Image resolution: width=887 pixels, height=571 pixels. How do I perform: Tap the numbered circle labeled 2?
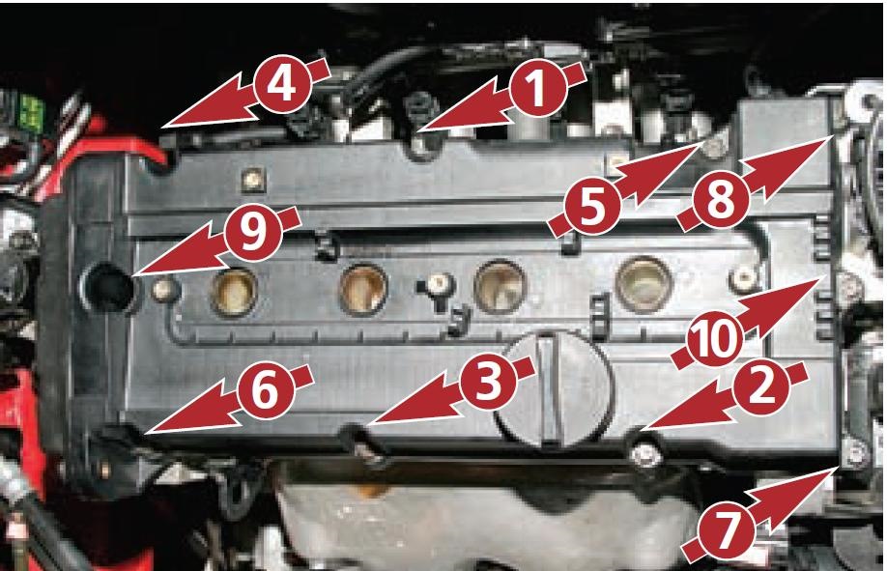pos(761,387)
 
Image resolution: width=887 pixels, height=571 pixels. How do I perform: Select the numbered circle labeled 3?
pos(489,381)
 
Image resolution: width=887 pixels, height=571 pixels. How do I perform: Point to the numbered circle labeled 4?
pos(282,84)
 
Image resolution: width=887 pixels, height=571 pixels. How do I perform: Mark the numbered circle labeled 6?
pos(265,390)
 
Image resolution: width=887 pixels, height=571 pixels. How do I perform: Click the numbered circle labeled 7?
pos(727,530)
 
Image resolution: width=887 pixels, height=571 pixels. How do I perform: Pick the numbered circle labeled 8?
pos(721,199)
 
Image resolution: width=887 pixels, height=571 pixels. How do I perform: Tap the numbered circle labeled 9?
pos(253,233)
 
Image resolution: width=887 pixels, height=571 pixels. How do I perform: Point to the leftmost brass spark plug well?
pos(234,291)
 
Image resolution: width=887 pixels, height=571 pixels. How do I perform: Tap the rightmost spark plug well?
pos(644,283)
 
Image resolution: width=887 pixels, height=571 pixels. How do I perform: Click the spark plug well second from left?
pos(363,289)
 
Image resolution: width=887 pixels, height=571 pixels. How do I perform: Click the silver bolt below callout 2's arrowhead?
pos(647,454)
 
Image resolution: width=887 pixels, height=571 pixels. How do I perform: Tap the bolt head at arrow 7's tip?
pos(855,453)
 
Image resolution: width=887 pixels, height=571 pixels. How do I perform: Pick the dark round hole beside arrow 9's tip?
pos(107,287)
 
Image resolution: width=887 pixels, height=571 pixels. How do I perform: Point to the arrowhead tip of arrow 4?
pos(162,127)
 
